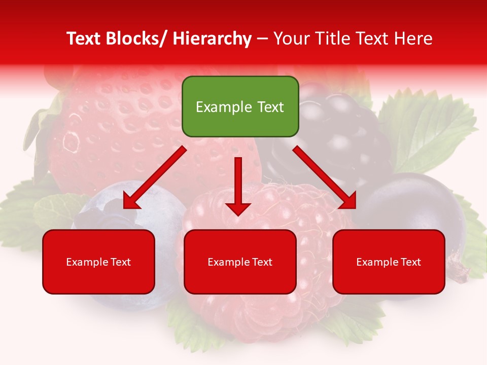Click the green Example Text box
[240, 106]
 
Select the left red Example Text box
[98, 262]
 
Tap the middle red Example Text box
[240, 262]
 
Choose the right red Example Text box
[389, 262]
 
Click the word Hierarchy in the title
[212, 39]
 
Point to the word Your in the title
[290, 39]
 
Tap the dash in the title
[262, 39]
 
